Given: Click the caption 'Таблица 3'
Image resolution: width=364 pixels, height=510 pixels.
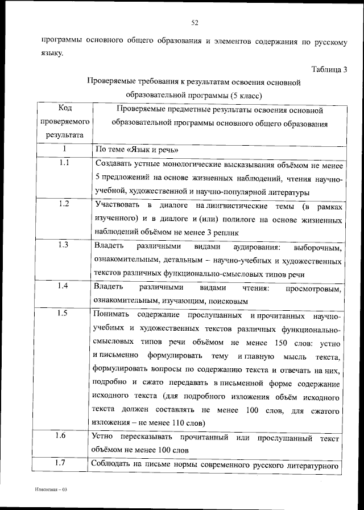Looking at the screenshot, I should tap(329, 69).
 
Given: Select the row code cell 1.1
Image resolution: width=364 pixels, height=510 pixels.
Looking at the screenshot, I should tap(64, 164).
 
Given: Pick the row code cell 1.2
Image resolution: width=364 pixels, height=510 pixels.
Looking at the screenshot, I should tap(64, 204).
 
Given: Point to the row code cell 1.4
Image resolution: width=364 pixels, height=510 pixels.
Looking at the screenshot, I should tap(64, 286).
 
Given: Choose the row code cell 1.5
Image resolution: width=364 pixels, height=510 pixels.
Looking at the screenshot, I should tap(64, 314).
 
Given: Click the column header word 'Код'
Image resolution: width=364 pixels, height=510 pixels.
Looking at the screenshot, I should tap(65, 108).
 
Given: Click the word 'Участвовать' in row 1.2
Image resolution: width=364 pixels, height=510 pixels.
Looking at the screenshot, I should tap(116, 204).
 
